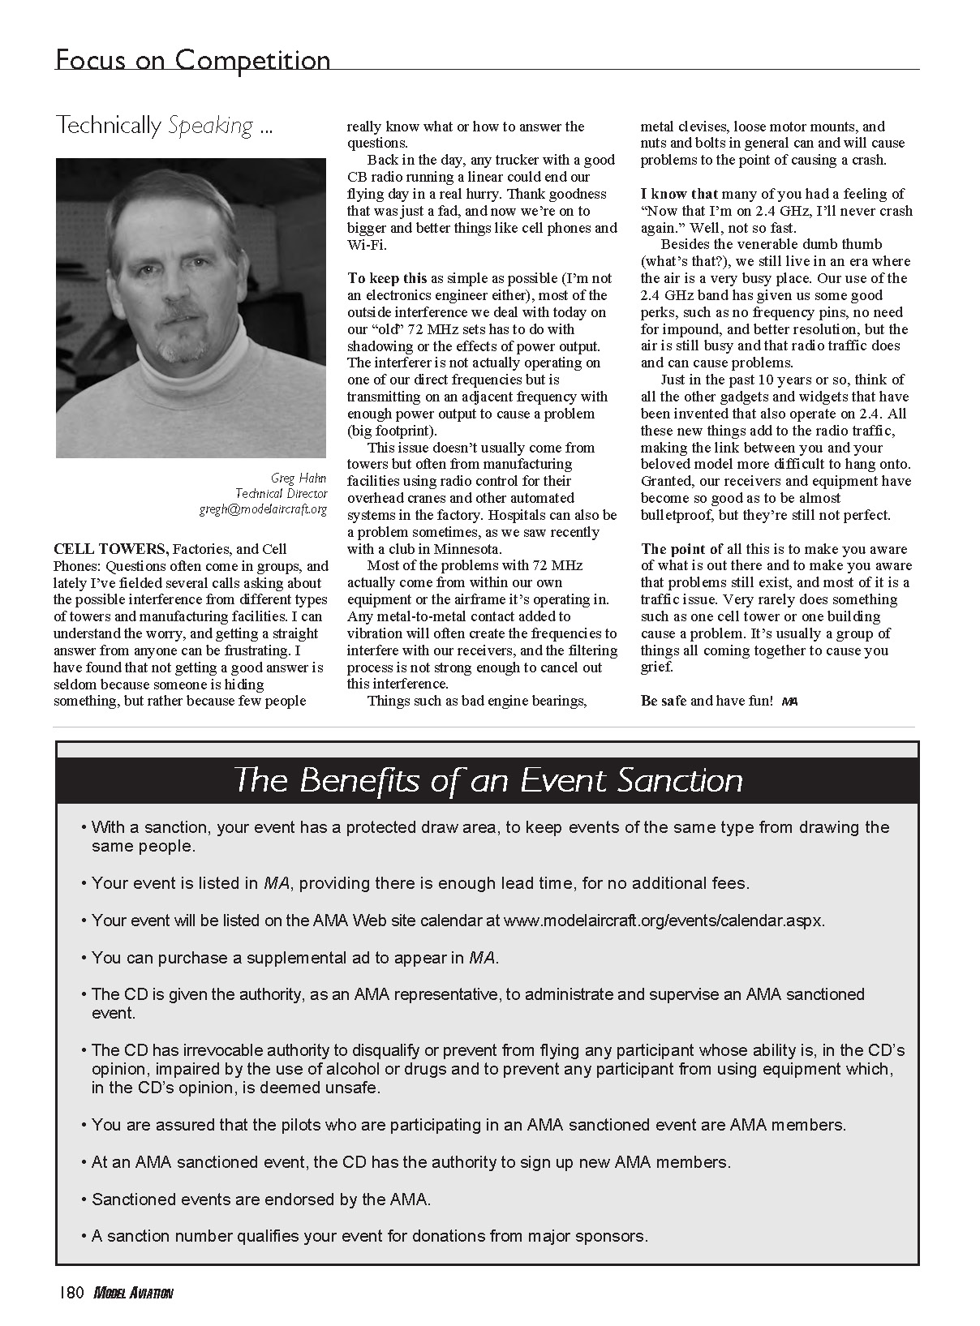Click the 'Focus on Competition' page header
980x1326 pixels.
pyautogui.click(x=192, y=60)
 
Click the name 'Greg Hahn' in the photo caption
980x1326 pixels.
pyautogui.click(x=299, y=478)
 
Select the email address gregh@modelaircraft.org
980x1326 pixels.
pyautogui.click(x=263, y=509)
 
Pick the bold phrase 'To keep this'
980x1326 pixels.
pyautogui.click(x=387, y=278)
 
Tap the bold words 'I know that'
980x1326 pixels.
pyautogui.click(x=679, y=194)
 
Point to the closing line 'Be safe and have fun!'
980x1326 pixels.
pyautogui.click(x=706, y=701)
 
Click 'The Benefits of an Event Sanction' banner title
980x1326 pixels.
pyautogui.click(x=488, y=780)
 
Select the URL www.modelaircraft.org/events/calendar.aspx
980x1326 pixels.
pyautogui.click(x=663, y=920)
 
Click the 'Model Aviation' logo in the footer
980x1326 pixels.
pyautogui.click(x=133, y=1294)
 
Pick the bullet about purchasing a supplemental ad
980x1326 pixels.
pyautogui.click(x=294, y=958)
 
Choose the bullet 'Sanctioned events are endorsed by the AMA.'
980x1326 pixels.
pyautogui.click(x=260, y=1199)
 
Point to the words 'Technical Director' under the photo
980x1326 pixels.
pyautogui.click(x=281, y=493)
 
